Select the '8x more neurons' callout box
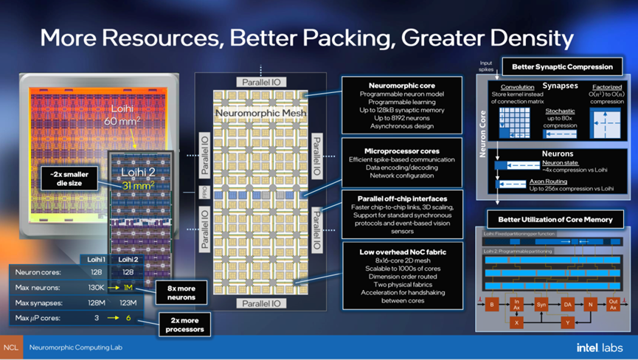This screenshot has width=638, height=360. point(181,292)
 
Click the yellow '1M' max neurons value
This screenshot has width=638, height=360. point(128,287)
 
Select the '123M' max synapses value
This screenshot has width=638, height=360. point(128,302)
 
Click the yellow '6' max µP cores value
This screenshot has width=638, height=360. point(128,318)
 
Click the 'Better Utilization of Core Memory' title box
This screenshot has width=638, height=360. point(555,219)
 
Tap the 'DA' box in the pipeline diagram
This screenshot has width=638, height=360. point(568,304)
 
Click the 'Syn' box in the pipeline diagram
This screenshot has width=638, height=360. point(542,304)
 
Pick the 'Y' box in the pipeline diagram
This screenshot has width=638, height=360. point(568,322)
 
